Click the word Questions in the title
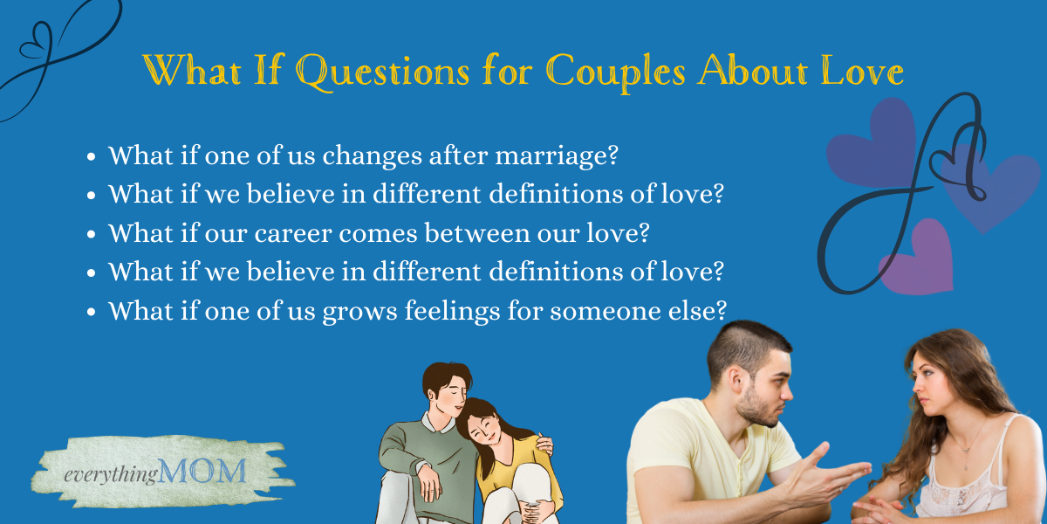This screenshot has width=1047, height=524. pyautogui.click(x=383, y=72)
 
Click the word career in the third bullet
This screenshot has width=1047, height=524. pyautogui.click(x=293, y=233)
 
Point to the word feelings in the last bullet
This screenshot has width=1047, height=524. pyautogui.click(x=453, y=311)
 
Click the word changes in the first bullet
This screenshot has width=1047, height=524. pyautogui.click(x=372, y=156)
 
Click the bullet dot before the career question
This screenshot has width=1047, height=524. pyautogui.click(x=91, y=234)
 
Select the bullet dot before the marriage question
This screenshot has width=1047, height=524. pyautogui.click(x=91, y=156)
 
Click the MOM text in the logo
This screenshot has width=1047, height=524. pyautogui.click(x=202, y=471)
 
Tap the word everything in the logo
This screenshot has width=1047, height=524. pyautogui.click(x=111, y=475)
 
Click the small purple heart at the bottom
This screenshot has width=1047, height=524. pyautogui.click(x=919, y=259)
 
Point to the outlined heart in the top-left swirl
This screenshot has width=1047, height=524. pyautogui.click(x=37, y=42)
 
